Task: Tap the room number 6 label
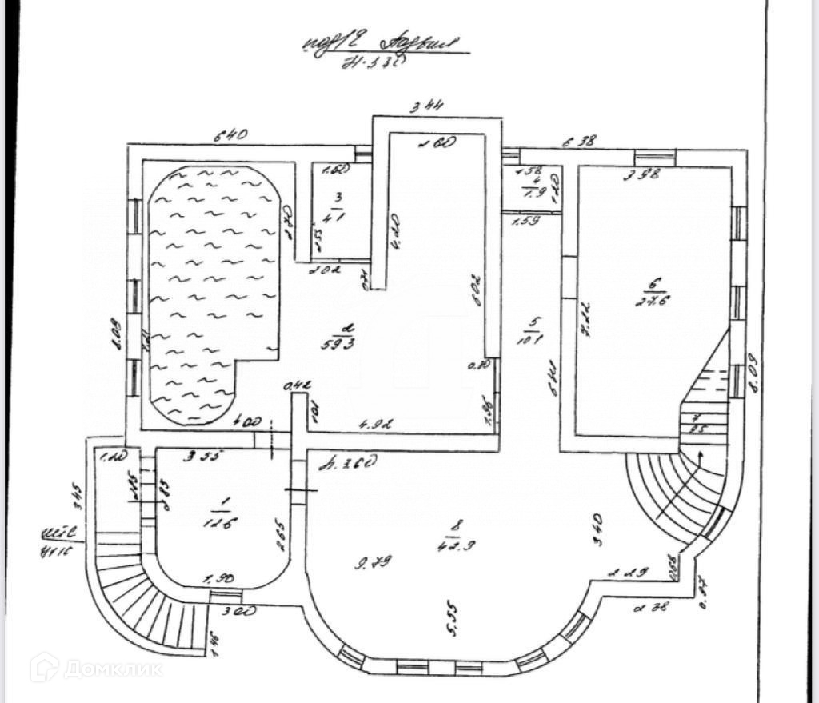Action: [x=653, y=284]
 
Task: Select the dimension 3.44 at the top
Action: [x=427, y=105]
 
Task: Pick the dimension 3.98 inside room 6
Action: [x=643, y=176]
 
